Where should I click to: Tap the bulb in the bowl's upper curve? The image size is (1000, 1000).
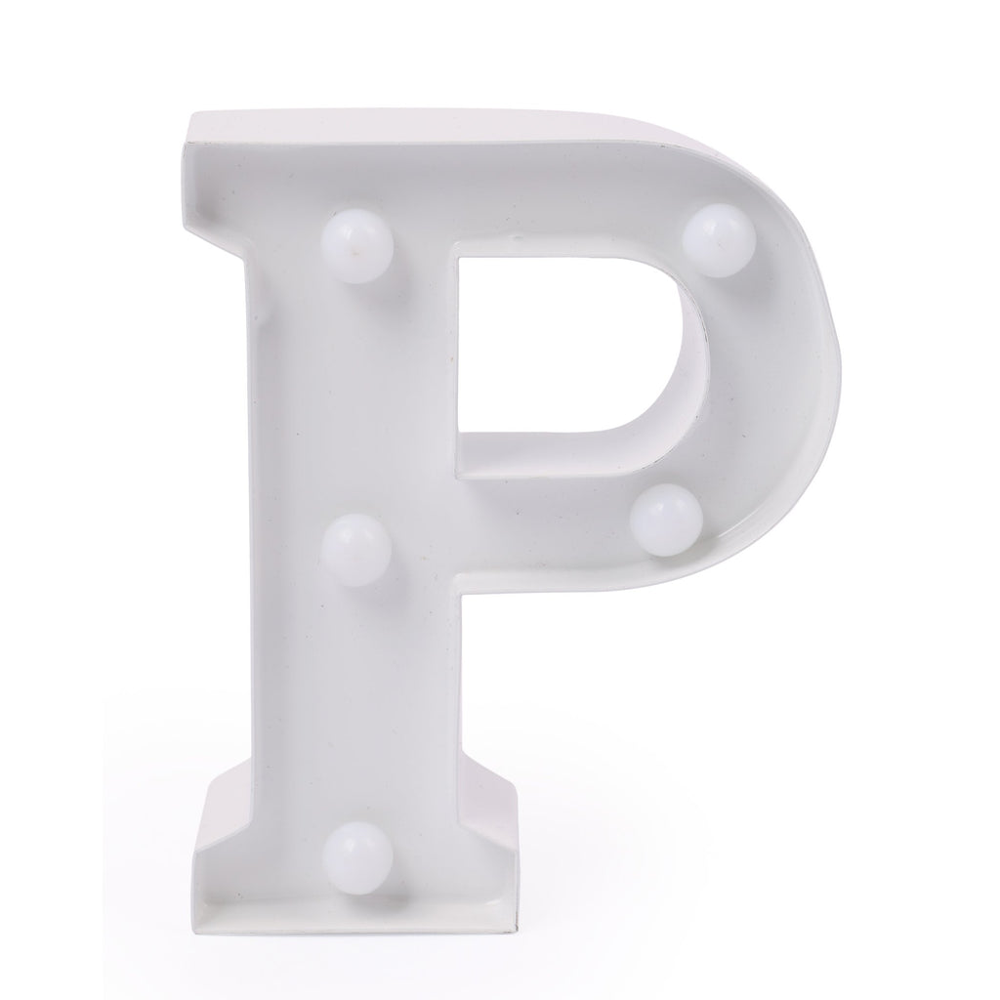tap(719, 239)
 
